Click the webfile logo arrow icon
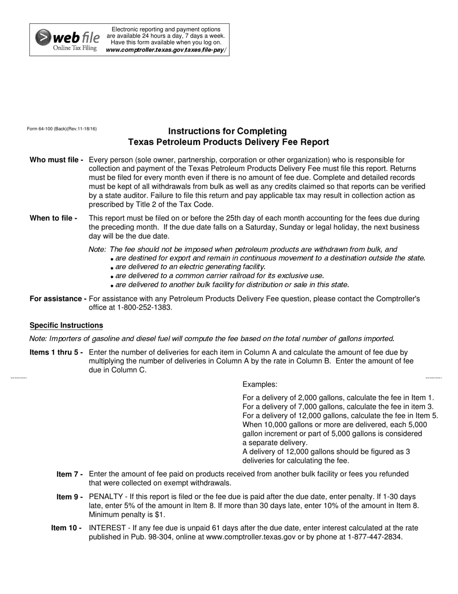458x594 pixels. click(43, 37)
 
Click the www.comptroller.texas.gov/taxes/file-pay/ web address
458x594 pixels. click(165, 50)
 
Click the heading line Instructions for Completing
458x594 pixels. click(227, 131)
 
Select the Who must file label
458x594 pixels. click(56, 160)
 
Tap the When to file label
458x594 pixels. click(54, 218)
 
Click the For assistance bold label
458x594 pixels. click(58, 299)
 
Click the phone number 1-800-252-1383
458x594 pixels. click(145, 308)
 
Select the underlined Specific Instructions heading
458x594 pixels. click(66, 325)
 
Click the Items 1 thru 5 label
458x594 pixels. click(56, 353)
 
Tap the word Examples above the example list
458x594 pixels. click(260, 385)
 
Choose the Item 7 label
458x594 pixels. click(69, 474)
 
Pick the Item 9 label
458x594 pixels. click(69, 497)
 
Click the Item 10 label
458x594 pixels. click(67, 528)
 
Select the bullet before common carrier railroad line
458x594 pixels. click(112, 277)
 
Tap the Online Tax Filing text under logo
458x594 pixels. click(75, 48)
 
